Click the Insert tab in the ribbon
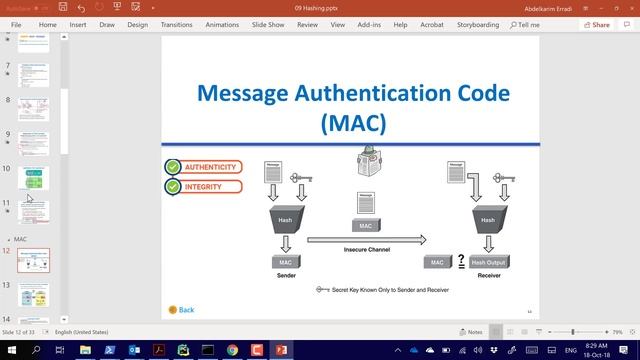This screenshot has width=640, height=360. coord(78,24)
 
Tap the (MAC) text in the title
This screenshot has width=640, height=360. coord(353,123)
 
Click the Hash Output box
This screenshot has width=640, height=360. coord(488,262)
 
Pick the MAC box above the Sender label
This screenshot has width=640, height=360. coord(286,262)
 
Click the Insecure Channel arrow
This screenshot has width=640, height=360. coord(366,240)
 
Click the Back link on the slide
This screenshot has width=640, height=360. coord(182,310)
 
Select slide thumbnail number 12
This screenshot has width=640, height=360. coord(34,261)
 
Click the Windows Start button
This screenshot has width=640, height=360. coord(10,350)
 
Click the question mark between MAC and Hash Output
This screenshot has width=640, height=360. coord(460,262)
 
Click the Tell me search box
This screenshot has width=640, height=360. coord(525,24)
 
